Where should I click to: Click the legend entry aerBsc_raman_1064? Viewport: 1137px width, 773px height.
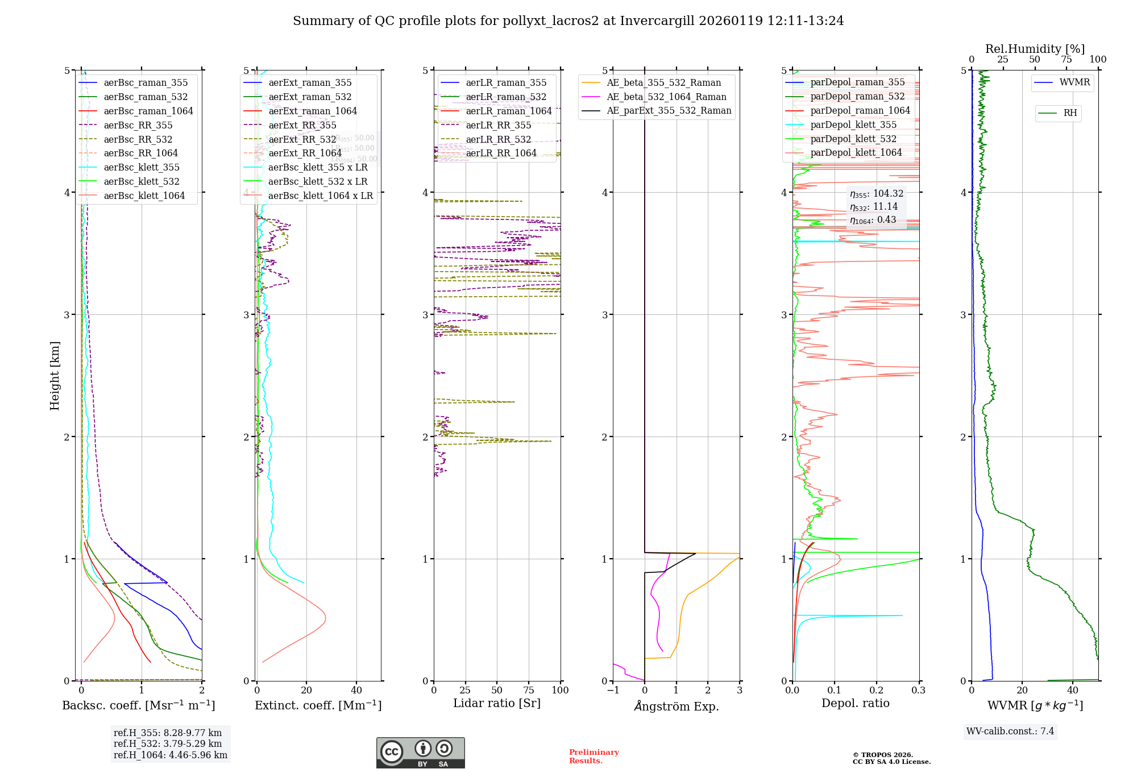click(148, 111)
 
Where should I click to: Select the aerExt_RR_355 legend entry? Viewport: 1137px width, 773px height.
click(302, 126)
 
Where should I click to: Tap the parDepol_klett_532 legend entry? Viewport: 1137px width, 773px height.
click(853, 139)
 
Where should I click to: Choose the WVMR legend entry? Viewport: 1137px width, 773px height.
click(1074, 82)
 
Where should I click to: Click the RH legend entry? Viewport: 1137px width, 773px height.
click(1070, 113)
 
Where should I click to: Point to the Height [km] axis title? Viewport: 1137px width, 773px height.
click(55, 376)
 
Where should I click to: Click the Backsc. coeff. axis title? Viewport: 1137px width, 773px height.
click(138, 705)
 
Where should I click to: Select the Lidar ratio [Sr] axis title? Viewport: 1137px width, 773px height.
click(496, 703)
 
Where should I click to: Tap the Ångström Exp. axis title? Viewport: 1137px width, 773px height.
click(676, 706)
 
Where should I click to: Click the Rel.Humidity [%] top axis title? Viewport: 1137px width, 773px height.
click(1035, 49)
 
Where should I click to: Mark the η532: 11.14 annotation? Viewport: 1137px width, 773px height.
click(874, 207)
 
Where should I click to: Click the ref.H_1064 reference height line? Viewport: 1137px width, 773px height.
click(171, 755)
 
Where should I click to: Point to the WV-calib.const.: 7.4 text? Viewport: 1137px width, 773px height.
click(1010, 731)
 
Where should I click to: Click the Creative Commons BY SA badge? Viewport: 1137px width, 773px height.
click(420, 753)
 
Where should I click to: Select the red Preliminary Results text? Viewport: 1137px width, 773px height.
click(594, 757)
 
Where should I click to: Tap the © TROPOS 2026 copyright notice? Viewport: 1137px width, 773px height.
click(891, 758)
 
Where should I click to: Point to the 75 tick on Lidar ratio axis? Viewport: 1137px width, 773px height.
click(529, 690)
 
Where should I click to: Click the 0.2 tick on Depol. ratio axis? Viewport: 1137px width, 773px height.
click(877, 690)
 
